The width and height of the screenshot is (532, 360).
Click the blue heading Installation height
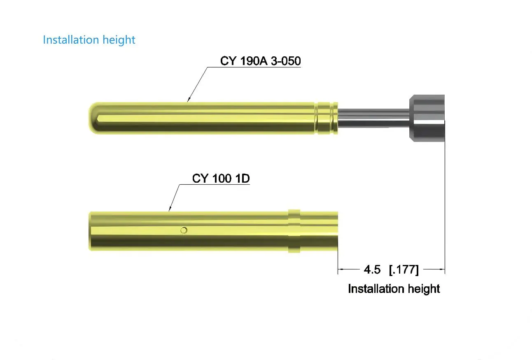pyautogui.click(x=89, y=40)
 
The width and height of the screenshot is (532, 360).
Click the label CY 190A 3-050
pyautogui.click(x=260, y=61)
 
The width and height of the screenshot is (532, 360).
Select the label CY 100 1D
pyautogui.click(x=221, y=179)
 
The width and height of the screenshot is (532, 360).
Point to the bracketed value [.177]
pyautogui.click(x=404, y=270)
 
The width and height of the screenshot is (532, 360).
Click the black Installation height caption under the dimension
pyautogui.click(x=394, y=289)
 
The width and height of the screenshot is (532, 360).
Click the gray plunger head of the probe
pyautogui.click(x=427, y=118)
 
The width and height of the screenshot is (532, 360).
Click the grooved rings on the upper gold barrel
pyautogui.click(x=327, y=118)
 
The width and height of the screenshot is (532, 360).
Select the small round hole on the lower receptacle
pyautogui.click(x=184, y=230)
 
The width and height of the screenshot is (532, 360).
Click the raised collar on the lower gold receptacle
pyautogui.click(x=294, y=231)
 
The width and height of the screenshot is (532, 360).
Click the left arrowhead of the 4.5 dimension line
pyautogui.click(x=340, y=270)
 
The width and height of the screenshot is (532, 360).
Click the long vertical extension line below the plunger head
pyautogui.click(x=445, y=206)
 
